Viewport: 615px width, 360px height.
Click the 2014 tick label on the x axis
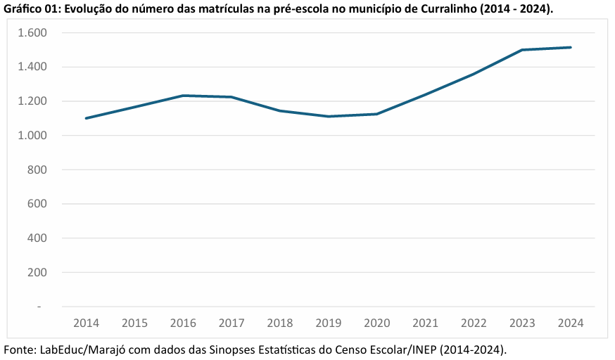click(86, 323)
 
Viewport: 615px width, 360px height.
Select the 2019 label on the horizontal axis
click(329, 323)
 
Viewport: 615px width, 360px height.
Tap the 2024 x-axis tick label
click(571, 323)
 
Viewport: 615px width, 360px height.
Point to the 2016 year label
click(183, 323)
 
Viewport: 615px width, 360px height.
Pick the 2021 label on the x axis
click(426, 323)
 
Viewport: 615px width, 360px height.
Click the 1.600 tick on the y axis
click(32, 33)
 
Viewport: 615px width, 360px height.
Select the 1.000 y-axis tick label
click(32, 136)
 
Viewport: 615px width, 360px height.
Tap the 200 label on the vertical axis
click(35, 272)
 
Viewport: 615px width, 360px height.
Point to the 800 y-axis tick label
click(35, 170)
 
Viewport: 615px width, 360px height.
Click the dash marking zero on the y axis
click(39, 307)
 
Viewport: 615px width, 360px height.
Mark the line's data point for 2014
click(86, 118)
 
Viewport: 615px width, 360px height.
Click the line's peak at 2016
click(183, 96)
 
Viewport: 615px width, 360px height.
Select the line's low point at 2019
click(329, 116)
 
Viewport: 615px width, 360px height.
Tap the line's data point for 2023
click(522, 50)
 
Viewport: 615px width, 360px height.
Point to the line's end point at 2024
click(571, 47)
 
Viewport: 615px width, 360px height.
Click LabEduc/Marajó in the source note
click(77, 349)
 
